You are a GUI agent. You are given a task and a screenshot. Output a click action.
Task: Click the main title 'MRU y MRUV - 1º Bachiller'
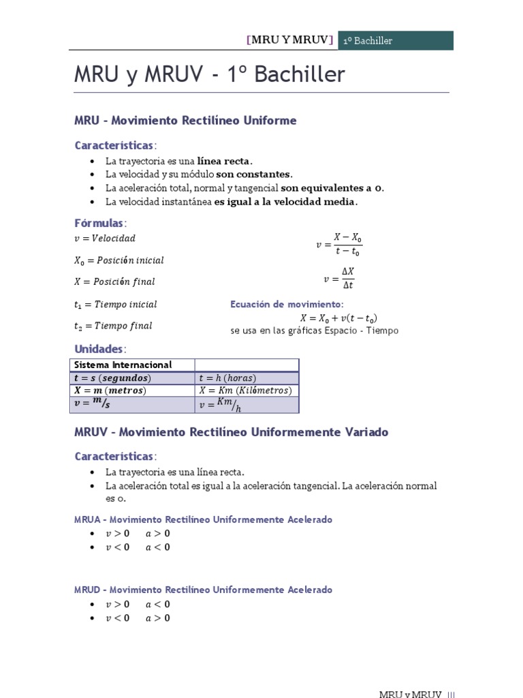[x=210, y=75]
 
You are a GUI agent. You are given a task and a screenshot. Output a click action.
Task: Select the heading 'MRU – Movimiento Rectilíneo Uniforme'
[x=185, y=121]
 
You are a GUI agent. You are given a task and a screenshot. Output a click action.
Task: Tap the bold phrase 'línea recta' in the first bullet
[x=224, y=162]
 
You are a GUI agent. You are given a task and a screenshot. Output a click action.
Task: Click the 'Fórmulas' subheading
[x=99, y=224]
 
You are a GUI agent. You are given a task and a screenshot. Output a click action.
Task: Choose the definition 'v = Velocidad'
[x=105, y=239]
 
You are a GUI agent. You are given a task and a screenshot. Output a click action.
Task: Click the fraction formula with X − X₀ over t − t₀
[x=339, y=244]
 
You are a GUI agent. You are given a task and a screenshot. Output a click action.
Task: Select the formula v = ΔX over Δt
[x=339, y=278]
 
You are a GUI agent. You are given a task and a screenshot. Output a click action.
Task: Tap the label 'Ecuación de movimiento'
[x=287, y=304]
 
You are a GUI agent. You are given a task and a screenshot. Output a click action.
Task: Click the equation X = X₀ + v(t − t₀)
[x=338, y=318]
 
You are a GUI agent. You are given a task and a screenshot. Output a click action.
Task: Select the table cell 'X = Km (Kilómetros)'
[x=245, y=391]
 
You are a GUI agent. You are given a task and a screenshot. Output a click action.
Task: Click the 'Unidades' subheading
[x=99, y=349]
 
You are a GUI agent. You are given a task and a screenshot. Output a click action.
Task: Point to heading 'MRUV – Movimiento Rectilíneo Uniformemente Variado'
[x=231, y=432]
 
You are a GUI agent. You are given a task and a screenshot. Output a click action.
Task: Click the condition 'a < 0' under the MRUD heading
[x=158, y=605]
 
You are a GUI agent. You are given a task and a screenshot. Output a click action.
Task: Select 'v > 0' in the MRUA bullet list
[x=117, y=534]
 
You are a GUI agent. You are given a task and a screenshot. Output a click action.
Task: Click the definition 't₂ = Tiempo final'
[x=113, y=326]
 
